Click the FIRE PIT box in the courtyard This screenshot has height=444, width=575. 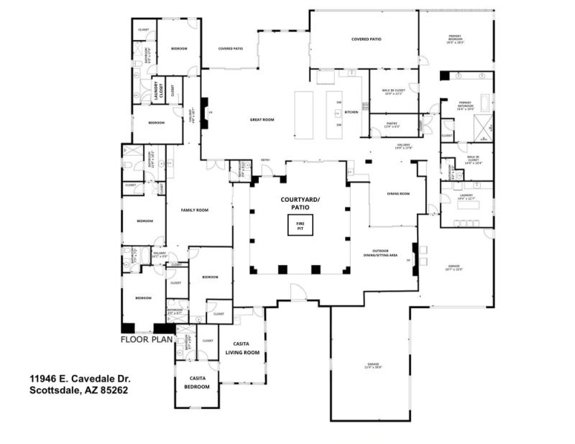point(300,227)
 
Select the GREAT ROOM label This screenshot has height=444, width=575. point(262,120)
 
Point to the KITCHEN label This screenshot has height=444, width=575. point(351,113)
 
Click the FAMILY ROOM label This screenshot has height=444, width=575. point(194,211)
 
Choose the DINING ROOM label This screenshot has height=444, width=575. point(397,193)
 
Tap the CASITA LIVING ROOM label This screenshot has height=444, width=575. point(243,348)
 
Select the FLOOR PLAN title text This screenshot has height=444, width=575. point(147,340)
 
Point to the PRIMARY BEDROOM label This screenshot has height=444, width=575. point(455,40)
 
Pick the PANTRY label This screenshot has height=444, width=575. point(392,125)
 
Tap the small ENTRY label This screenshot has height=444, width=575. point(265,159)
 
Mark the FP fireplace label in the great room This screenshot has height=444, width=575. point(210,113)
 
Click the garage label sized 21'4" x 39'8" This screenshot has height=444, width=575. point(371,366)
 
